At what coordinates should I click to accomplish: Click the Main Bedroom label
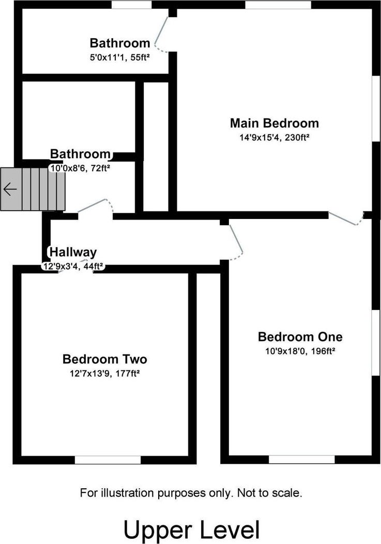(275, 123)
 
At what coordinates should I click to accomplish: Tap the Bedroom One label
(300, 336)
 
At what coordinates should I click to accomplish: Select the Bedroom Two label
(104, 359)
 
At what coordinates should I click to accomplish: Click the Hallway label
(73, 252)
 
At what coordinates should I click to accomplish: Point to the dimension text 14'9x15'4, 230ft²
(275, 137)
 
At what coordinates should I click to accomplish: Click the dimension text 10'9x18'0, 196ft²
(300, 351)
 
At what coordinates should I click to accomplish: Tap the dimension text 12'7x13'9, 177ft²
(104, 374)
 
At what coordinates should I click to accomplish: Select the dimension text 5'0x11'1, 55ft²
(119, 57)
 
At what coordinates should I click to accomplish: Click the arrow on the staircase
(10, 189)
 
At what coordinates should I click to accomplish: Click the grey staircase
(33, 189)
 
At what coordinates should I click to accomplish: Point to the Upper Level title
(191, 530)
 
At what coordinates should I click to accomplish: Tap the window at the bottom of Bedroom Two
(108, 460)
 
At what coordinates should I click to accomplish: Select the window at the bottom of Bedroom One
(302, 460)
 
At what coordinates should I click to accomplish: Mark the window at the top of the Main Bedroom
(278, 5)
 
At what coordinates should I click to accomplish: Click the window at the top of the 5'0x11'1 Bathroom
(131, 5)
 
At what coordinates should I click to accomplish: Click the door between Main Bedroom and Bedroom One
(345, 219)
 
